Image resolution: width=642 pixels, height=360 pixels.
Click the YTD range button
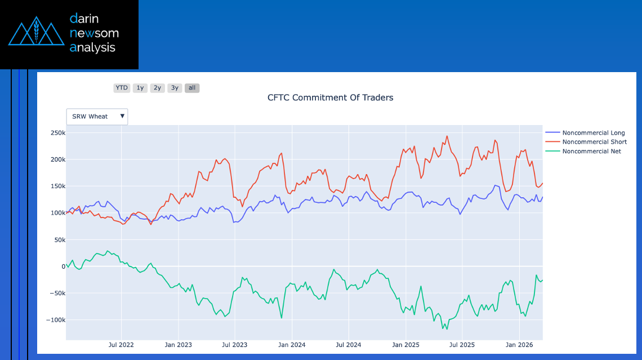(x=122, y=88)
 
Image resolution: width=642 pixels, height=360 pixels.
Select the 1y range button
(x=140, y=88)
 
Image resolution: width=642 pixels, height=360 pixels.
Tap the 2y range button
(x=158, y=88)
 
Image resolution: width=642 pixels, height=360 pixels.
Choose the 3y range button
(x=175, y=88)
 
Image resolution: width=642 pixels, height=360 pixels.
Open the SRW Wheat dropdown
(x=97, y=117)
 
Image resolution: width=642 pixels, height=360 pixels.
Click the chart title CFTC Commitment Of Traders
(x=330, y=97)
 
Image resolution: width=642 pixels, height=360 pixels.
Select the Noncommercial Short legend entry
(x=594, y=142)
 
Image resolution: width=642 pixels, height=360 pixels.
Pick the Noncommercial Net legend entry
(x=591, y=151)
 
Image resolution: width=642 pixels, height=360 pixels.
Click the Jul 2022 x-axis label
(x=121, y=345)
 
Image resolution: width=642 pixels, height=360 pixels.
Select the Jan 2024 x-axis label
(x=292, y=345)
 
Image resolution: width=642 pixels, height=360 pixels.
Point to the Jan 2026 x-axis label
(x=519, y=345)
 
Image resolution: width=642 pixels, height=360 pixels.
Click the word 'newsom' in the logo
(x=94, y=33)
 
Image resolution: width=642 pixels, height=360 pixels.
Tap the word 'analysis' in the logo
(x=92, y=48)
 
